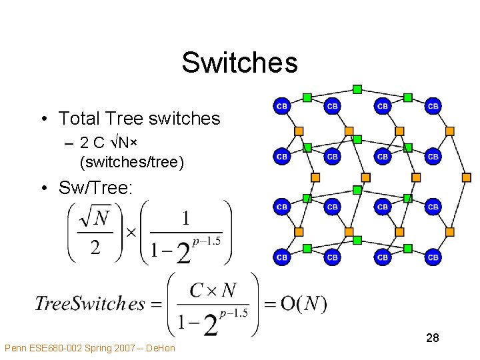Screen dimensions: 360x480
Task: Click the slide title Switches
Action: [239, 63]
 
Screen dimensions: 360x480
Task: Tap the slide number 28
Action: [432, 339]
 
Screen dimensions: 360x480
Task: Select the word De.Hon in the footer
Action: [160, 349]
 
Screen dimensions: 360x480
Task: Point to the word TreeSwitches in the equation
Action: [89, 304]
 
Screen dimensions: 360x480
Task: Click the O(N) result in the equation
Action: [303, 304]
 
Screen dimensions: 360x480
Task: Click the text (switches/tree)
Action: [131, 161]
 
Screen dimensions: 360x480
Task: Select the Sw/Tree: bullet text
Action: [95, 188]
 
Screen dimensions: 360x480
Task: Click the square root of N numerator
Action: [95, 218]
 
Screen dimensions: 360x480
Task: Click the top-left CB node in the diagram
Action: [282, 106]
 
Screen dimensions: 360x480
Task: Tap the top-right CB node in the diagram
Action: [433, 106]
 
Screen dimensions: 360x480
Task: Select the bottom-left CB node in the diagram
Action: [282, 257]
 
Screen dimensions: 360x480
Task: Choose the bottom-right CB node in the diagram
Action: [433, 257]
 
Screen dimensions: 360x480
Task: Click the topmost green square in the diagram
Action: [357, 89]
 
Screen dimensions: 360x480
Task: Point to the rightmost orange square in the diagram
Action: [466, 177]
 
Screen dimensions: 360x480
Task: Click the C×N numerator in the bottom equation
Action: [213, 290]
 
